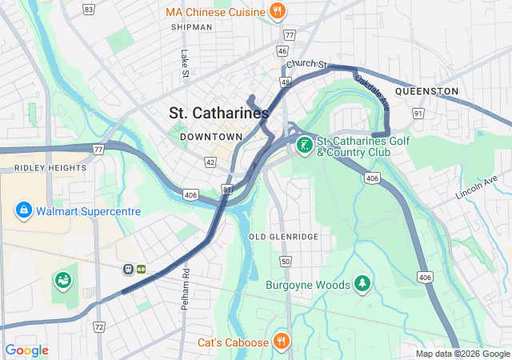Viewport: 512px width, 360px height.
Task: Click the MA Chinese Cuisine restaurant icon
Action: click(x=278, y=12)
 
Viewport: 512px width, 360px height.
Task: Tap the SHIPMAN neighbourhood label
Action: click(x=192, y=27)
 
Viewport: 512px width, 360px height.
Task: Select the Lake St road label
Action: click(x=185, y=65)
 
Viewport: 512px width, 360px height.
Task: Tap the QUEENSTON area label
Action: click(x=426, y=91)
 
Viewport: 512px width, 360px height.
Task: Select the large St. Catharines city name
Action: click(x=219, y=114)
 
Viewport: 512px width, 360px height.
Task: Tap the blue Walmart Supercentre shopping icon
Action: click(x=24, y=211)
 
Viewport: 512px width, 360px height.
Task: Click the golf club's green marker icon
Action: click(x=304, y=145)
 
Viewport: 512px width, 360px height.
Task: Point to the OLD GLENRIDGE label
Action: click(x=283, y=237)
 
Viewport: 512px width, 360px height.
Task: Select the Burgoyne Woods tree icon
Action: click(x=363, y=284)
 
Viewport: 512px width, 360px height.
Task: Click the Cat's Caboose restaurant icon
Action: click(x=281, y=341)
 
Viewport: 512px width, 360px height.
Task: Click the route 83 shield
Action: click(x=88, y=10)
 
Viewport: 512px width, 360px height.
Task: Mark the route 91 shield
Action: click(x=418, y=114)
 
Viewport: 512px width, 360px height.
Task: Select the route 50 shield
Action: click(x=285, y=262)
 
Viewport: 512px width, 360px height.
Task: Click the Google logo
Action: click(x=27, y=350)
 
